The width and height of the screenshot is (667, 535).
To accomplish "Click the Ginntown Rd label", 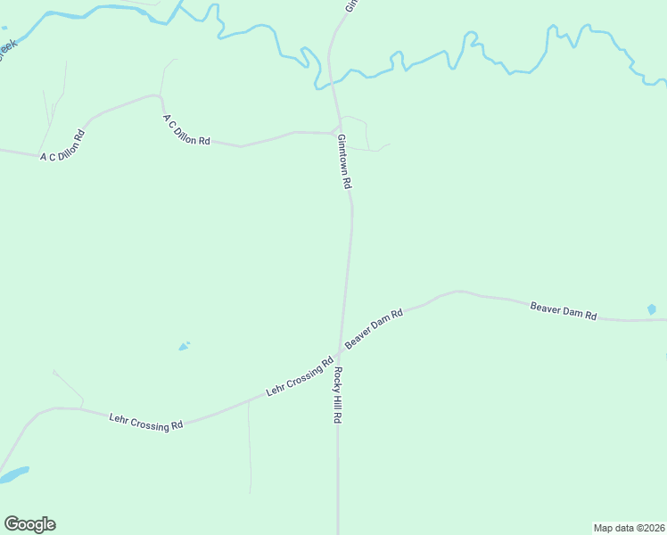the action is (x=344, y=160).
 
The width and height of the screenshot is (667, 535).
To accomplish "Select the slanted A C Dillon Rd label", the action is (x=185, y=129).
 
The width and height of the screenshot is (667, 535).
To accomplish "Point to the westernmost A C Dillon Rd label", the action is (x=62, y=147).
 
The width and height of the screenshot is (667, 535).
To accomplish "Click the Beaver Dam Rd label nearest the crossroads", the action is (x=375, y=327).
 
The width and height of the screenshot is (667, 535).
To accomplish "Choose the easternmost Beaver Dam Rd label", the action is (x=563, y=310).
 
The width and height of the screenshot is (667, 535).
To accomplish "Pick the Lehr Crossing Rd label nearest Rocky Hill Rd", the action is (x=299, y=379).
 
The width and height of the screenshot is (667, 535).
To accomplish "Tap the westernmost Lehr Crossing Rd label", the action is (x=145, y=421).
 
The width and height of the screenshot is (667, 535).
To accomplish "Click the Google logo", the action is (x=29, y=524).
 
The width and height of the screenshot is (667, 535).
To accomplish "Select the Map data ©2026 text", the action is (x=629, y=527).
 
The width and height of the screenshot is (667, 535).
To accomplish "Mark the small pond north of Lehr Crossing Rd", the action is (x=184, y=346).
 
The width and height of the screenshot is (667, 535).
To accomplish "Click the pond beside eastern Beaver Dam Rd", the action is (x=651, y=309).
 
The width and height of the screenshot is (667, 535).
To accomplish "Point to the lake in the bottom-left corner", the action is (x=12, y=474).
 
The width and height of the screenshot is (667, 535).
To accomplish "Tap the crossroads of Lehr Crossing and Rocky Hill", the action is (x=340, y=349).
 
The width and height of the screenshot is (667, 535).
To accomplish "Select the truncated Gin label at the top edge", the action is (x=350, y=5).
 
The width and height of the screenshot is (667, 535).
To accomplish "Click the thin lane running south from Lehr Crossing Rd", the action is (x=249, y=455).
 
